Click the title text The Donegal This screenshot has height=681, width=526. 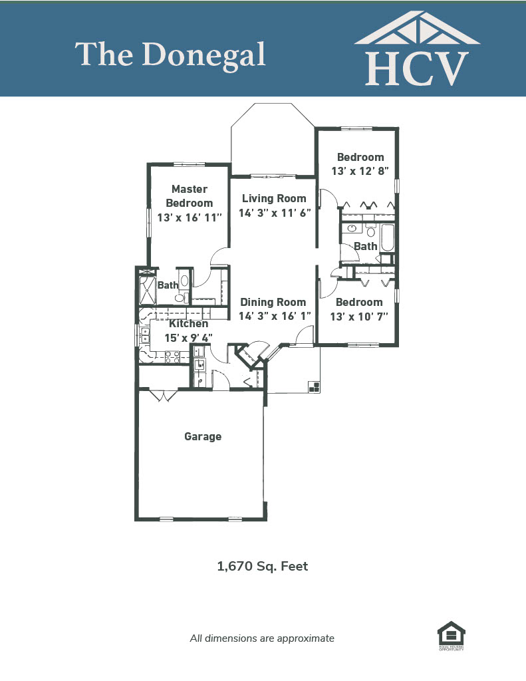click(170, 56)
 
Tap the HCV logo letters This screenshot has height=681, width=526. click(417, 68)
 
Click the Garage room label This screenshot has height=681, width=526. click(203, 436)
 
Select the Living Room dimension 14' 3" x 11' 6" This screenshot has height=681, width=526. click(275, 213)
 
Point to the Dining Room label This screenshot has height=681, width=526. click(273, 302)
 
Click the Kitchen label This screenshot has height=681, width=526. click(188, 324)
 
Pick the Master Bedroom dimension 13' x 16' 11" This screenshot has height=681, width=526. click(190, 217)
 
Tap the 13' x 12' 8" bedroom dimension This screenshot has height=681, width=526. click(360, 171)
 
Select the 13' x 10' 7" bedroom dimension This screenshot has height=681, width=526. click(359, 317)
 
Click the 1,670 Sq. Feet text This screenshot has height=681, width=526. click(263, 567)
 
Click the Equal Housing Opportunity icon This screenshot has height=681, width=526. click(452, 635)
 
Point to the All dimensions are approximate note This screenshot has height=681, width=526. click(263, 638)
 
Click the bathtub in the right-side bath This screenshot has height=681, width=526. click(388, 237)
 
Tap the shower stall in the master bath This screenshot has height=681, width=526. click(147, 290)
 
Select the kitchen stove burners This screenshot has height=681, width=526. click(172, 357)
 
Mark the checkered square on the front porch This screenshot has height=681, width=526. click(314, 387)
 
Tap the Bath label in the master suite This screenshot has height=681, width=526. click(168, 285)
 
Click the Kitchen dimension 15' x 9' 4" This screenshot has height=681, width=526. click(188, 338)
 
